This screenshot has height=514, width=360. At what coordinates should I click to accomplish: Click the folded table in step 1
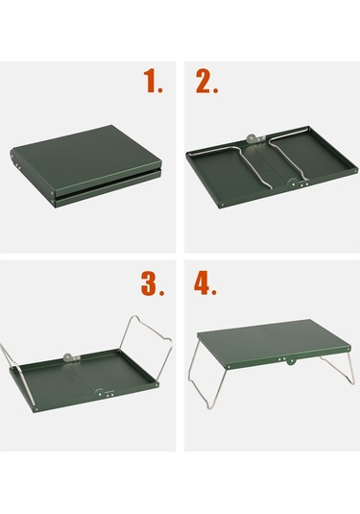point(85,165)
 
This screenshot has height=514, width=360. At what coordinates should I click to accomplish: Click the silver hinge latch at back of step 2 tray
point(255,138)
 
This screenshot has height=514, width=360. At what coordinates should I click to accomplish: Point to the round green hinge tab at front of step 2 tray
point(293,183)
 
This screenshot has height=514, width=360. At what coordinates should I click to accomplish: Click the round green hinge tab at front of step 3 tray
point(100,393)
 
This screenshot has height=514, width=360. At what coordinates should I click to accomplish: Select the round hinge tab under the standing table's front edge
point(290,361)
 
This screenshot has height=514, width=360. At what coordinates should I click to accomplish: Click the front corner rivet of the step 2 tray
point(223,206)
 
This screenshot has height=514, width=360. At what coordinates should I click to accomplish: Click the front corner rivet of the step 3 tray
point(36,409)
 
